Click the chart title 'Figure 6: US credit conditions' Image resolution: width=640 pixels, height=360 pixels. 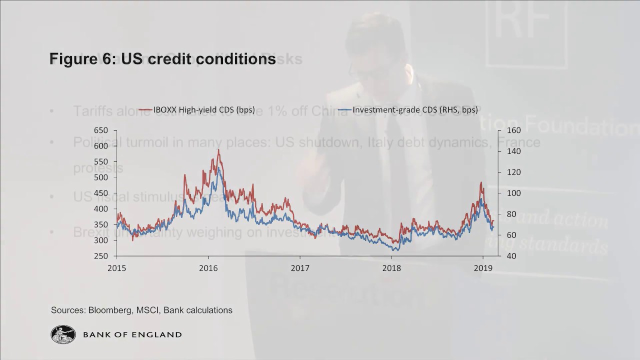click(162, 59)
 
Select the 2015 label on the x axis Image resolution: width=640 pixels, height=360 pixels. click(117, 267)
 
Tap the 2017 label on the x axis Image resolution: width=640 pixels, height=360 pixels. click(300, 267)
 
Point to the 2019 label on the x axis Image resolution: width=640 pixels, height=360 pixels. click(482, 267)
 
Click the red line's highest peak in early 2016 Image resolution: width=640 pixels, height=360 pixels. click(218, 149)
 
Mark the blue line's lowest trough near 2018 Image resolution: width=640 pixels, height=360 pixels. click(395, 249)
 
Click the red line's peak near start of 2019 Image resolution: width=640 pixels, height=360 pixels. click(481, 182)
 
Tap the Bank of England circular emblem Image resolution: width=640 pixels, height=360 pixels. click(63, 334)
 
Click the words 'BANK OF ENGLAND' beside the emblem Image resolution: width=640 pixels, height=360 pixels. click(132, 334)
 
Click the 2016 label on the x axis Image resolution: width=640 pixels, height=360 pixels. click(208, 267)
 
